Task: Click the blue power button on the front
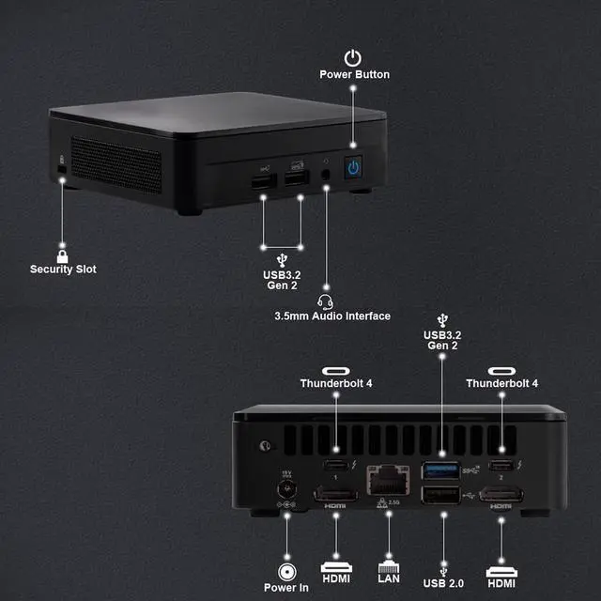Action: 353,167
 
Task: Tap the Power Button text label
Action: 354,74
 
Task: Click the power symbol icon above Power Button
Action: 353,57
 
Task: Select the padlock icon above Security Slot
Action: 62,255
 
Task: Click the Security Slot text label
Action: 63,270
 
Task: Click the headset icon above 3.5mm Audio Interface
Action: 326,301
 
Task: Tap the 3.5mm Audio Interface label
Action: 331,316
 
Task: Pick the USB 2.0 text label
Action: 442,583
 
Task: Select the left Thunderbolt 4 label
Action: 336,383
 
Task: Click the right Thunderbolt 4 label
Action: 502,383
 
